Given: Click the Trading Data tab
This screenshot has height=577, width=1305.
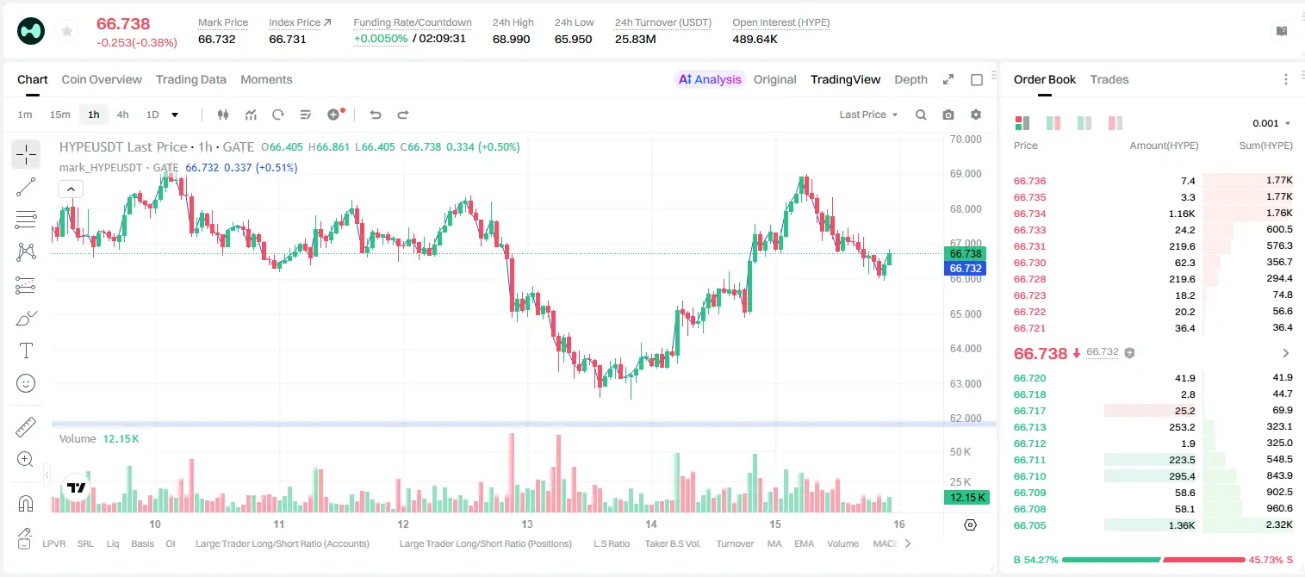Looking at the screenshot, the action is [x=190, y=79].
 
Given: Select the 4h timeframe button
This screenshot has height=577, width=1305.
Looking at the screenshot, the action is [x=122, y=115].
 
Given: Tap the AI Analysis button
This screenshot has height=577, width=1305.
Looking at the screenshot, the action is [x=710, y=79].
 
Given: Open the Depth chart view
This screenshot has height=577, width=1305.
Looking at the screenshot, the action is [x=910, y=79].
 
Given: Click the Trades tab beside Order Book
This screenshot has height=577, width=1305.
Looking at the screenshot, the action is [x=1109, y=79].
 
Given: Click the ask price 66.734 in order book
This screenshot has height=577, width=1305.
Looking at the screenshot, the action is [x=1029, y=214].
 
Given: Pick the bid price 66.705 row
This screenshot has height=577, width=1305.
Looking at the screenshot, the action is [x=1029, y=525].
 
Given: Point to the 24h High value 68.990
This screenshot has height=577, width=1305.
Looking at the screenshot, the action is [x=511, y=39].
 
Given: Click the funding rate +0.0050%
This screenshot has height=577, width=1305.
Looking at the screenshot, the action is [x=381, y=39].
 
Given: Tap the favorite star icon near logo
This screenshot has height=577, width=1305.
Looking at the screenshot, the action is [x=67, y=31].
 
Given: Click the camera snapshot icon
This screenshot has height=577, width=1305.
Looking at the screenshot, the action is [x=948, y=115].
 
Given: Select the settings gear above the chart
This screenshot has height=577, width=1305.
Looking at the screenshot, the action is [x=976, y=115].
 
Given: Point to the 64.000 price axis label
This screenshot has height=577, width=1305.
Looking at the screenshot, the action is [x=966, y=349].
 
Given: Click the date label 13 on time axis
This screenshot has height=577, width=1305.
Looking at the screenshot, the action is [x=526, y=524].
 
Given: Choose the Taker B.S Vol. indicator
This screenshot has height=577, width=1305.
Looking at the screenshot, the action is [x=672, y=543].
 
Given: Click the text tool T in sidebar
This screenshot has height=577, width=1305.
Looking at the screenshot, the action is [x=26, y=351].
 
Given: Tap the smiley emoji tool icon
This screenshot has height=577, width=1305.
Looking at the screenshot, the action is [x=26, y=383].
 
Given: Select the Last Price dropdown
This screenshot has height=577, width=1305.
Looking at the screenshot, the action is [x=868, y=115].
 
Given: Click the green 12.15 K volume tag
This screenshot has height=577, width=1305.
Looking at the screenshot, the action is [x=966, y=497].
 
